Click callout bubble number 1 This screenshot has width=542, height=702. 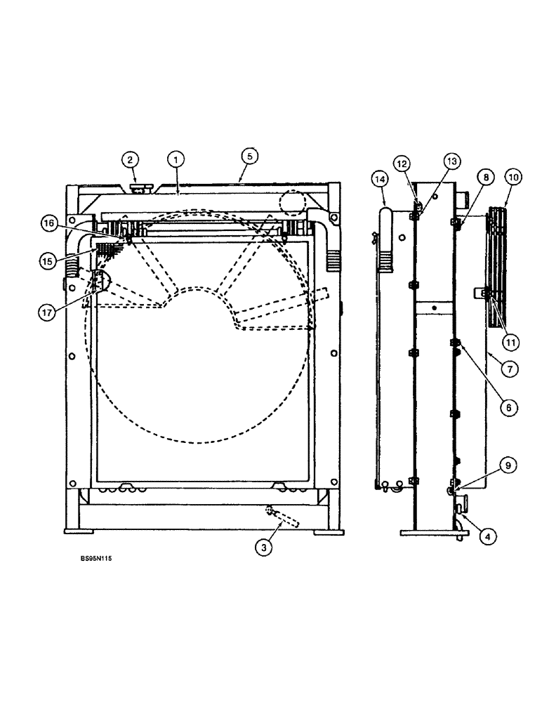click(x=173, y=159)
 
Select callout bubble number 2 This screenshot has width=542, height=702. click(x=129, y=159)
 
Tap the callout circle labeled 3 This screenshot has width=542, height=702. click(x=263, y=548)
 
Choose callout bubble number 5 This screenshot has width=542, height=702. click(x=246, y=155)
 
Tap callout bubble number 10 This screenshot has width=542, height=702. click(x=513, y=178)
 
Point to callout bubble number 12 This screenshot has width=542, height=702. click(x=402, y=164)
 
